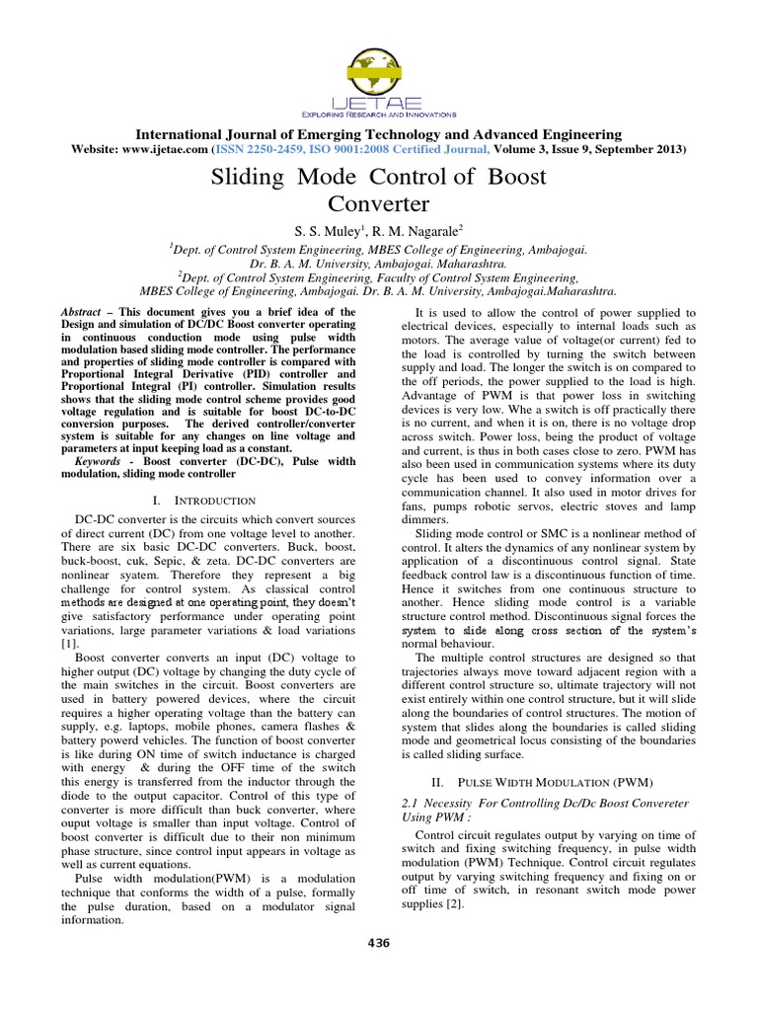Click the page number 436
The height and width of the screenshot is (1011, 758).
[x=379, y=943]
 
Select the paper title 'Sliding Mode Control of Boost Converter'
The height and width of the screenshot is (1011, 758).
[x=379, y=192]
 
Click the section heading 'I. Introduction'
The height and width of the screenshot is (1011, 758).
[x=213, y=501]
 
